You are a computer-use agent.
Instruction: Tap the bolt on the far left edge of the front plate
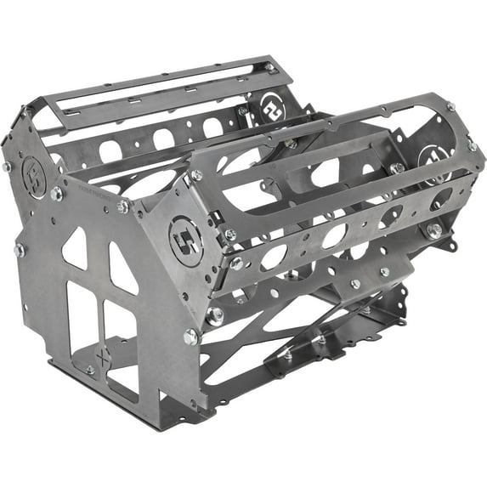click(x=19, y=250)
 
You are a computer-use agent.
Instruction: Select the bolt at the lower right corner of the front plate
click(x=190, y=337)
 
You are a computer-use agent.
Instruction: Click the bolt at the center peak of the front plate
click(x=123, y=207)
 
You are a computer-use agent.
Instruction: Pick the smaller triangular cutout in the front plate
click(x=76, y=248)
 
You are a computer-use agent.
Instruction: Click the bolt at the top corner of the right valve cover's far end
click(x=450, y=106)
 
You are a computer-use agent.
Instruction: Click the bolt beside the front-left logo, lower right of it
click(x=56, y=194)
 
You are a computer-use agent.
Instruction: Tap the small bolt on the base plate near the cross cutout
click(x=90, y=370)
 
